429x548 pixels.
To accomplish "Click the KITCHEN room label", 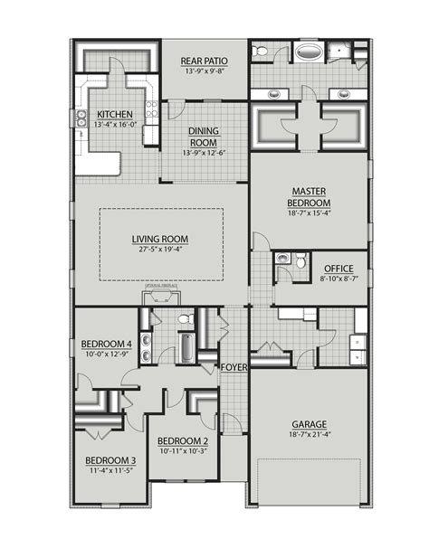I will click(x=115, y=114).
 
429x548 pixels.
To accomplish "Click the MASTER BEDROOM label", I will click(x=310, y=196).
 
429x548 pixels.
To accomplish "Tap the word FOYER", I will click(x=234, y=367).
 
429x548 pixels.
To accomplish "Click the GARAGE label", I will click(x=309, y=424).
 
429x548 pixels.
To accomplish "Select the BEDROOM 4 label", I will click(x=106, y=344).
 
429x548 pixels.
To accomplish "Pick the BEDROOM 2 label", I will click(x=183, y=439).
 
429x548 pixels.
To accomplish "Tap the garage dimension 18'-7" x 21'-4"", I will click(x=309, y=436).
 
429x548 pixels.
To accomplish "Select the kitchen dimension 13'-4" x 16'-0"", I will click(x=115, y=125).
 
